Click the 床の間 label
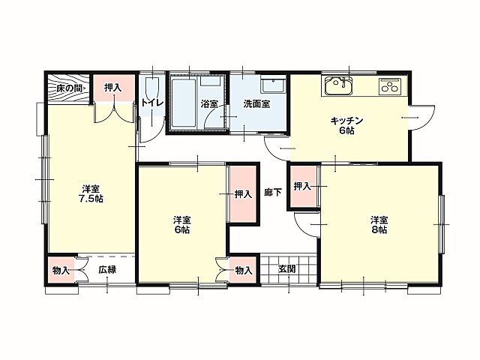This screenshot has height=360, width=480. (x=68, y=88)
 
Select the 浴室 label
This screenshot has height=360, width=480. (x=209, y=103)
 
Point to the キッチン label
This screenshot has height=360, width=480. (x=346, y=120)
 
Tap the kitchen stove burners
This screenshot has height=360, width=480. (x=390, y=86)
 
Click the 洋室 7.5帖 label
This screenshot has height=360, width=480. (x=92, y=193)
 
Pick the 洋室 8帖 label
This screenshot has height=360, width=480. (x=379, y=225)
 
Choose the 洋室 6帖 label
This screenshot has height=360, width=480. (x=182, y=225)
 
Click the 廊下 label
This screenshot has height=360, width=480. (x=273, y=193)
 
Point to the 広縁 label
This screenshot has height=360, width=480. (x=106, y=269)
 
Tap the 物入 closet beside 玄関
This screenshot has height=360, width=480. (x=243, y=269)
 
